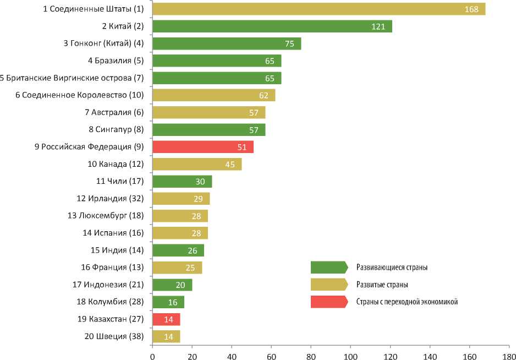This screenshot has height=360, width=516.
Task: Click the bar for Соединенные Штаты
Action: pos(319,9)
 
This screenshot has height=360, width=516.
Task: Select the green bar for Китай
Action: pos(272,26)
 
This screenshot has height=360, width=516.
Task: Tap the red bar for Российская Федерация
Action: pos(202,147)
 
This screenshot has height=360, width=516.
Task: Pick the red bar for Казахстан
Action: pos(166,319)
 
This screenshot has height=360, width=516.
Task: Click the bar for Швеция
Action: pos(166,336)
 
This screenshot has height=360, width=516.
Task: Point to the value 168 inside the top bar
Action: pos(471,9)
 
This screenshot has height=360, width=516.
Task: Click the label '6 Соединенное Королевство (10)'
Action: pos(79,95)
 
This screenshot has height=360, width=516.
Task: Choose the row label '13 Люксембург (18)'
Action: pos(106,216)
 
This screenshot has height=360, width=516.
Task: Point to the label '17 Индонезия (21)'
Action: pos(108,285)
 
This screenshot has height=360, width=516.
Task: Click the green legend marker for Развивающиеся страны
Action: pos(329,268)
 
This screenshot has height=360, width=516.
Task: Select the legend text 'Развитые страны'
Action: pos(382,285)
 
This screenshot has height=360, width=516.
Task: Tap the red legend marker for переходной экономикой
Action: pos(329,302)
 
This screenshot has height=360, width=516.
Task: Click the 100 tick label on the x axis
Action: pos(350,354)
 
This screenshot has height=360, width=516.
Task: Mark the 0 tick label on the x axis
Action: pos(152,354)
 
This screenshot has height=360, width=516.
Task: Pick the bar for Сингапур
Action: pos(208,130)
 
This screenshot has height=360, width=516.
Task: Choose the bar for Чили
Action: pos(182,182)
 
